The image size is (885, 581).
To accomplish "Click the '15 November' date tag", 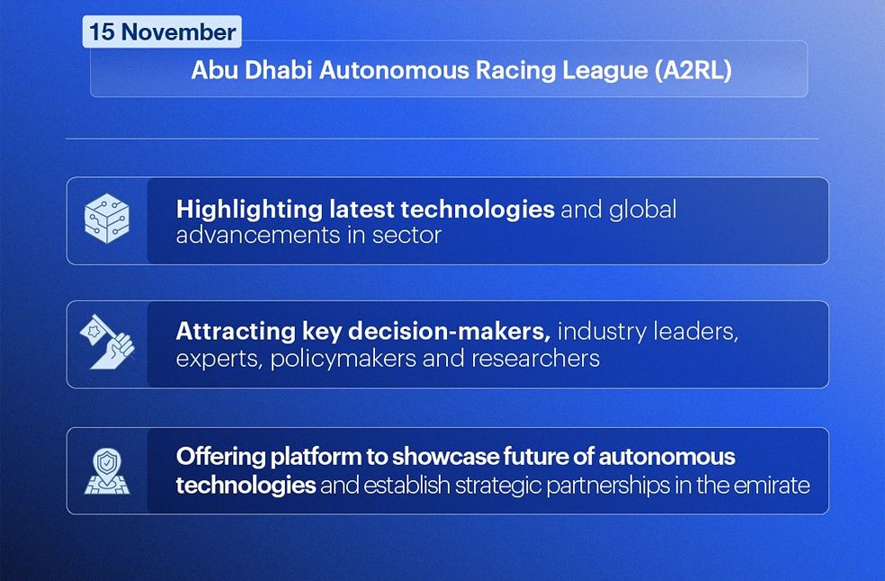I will [x=162, y=32].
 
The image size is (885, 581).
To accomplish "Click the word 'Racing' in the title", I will [x=496, y=70].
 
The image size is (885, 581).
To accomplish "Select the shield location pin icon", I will [x=107, y=471].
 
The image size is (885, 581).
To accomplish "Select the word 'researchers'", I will [x=543, y=358].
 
